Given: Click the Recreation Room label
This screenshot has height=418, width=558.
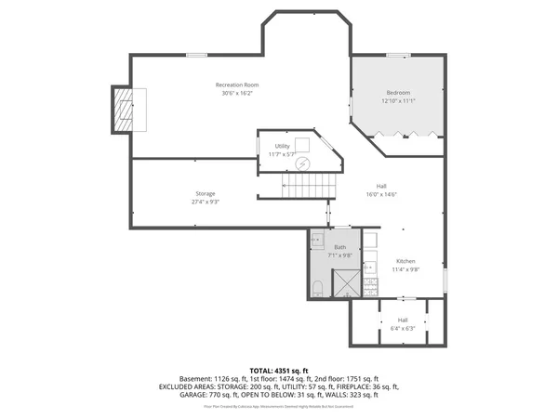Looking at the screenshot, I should [x=236, y=85].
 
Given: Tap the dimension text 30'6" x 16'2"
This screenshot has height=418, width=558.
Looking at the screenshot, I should [x=236, y=93].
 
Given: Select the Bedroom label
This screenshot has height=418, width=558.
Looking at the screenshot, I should [x=399, y=93].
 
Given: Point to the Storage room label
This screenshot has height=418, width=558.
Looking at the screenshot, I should [x=206, y=193].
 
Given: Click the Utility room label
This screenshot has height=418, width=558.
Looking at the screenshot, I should [x=282, y=146].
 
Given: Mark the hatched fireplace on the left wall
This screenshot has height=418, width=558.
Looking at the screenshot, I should [x=124, y=110].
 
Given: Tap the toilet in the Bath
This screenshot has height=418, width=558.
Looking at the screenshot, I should [x=317, y=286].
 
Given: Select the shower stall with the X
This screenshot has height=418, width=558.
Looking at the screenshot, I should [x=347, y=282].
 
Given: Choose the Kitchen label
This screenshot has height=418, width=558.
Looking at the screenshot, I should [x=406, y=261].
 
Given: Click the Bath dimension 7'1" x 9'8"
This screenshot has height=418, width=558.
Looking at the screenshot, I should [x=340, y=255].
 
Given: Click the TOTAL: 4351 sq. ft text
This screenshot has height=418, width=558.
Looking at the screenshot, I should [x=279, y=370].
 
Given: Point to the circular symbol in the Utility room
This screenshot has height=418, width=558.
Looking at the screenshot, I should [x=301, y=163].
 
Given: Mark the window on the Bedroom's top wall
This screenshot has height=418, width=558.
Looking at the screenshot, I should [x=399, y=56].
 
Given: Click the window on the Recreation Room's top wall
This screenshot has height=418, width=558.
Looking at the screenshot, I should [x=196, y=56].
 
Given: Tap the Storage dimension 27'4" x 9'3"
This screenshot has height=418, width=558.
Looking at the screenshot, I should [x=206, y=202].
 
